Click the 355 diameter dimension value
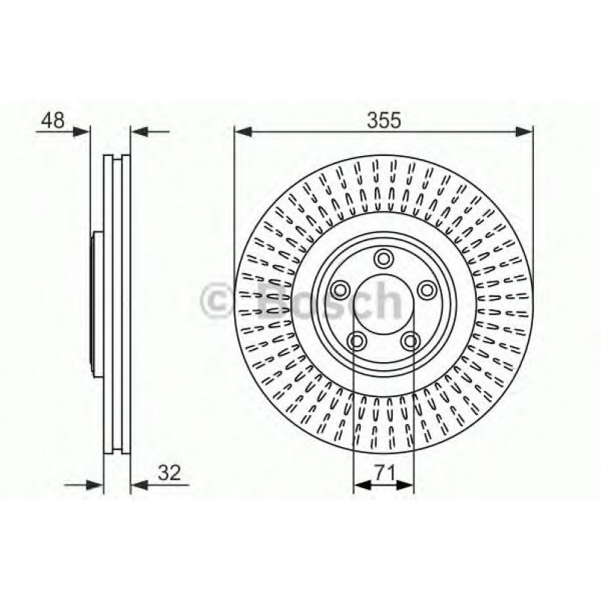coord(383,119)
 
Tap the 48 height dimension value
coord(53,119)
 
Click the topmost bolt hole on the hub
coord(384,258)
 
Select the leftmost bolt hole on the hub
coord(340,290)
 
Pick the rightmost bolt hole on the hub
coord(427,290)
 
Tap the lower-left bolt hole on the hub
coord(357,341)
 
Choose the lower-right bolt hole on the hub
coord(410,341)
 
